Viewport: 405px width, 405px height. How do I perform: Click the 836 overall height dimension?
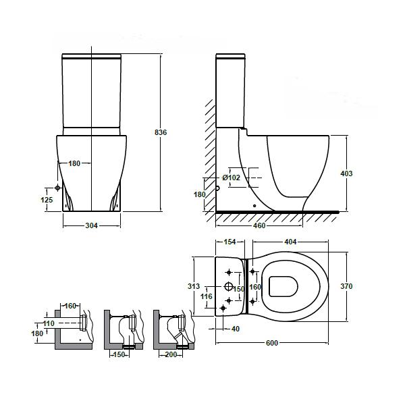click(x=161, y=132)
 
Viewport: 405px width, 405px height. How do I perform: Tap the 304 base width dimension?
click(x=91, y=225)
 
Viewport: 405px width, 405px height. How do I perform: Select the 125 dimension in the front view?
click(x=47, y=200)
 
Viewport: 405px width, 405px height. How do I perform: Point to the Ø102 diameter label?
click(x=231, y=178)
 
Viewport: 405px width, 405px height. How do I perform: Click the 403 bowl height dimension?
click(x=346, y=173)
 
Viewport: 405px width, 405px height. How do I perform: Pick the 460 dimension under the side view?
click(x=259, y=225)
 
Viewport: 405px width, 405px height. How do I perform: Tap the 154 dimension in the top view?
click(x=230, y=242)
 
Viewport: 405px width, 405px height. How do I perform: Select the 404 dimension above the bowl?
click(x=290, y=242)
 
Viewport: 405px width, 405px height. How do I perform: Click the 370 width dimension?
click(x=346, y=286)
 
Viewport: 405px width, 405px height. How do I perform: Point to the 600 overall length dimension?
click(x=272, y=343)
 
